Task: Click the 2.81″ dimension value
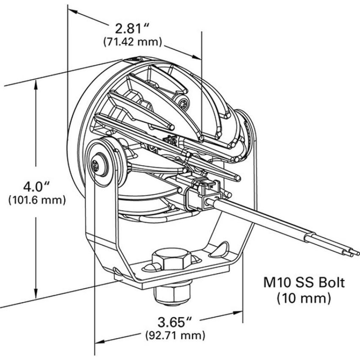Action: click(x=132, y=28)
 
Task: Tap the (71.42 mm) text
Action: click(x=133, y=42)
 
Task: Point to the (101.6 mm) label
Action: click(x=37, y=200)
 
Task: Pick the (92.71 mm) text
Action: click(x=175, y=335)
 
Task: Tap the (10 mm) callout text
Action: click(x=304, y=299)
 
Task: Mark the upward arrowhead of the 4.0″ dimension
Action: click(x=36, y=85)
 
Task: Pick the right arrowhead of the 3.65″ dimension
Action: click(x=238, y=313)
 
